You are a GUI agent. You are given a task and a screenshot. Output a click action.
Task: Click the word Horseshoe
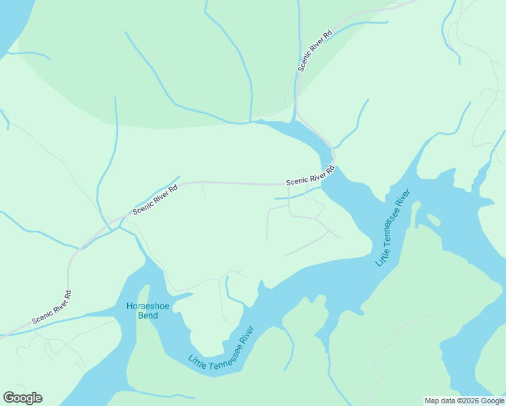pos(142,306)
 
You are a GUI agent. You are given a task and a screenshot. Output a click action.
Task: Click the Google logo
pos(22,398)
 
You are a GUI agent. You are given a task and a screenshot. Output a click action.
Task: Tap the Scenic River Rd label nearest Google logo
pos(51,307)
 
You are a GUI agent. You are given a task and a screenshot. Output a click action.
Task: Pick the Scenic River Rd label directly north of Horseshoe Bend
pos(155,200)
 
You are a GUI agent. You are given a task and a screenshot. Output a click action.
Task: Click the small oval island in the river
pos(433,219)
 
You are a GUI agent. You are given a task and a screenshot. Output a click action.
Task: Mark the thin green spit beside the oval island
pos(417,213)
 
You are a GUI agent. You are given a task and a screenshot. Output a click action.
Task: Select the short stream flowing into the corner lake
pos(27,53)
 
